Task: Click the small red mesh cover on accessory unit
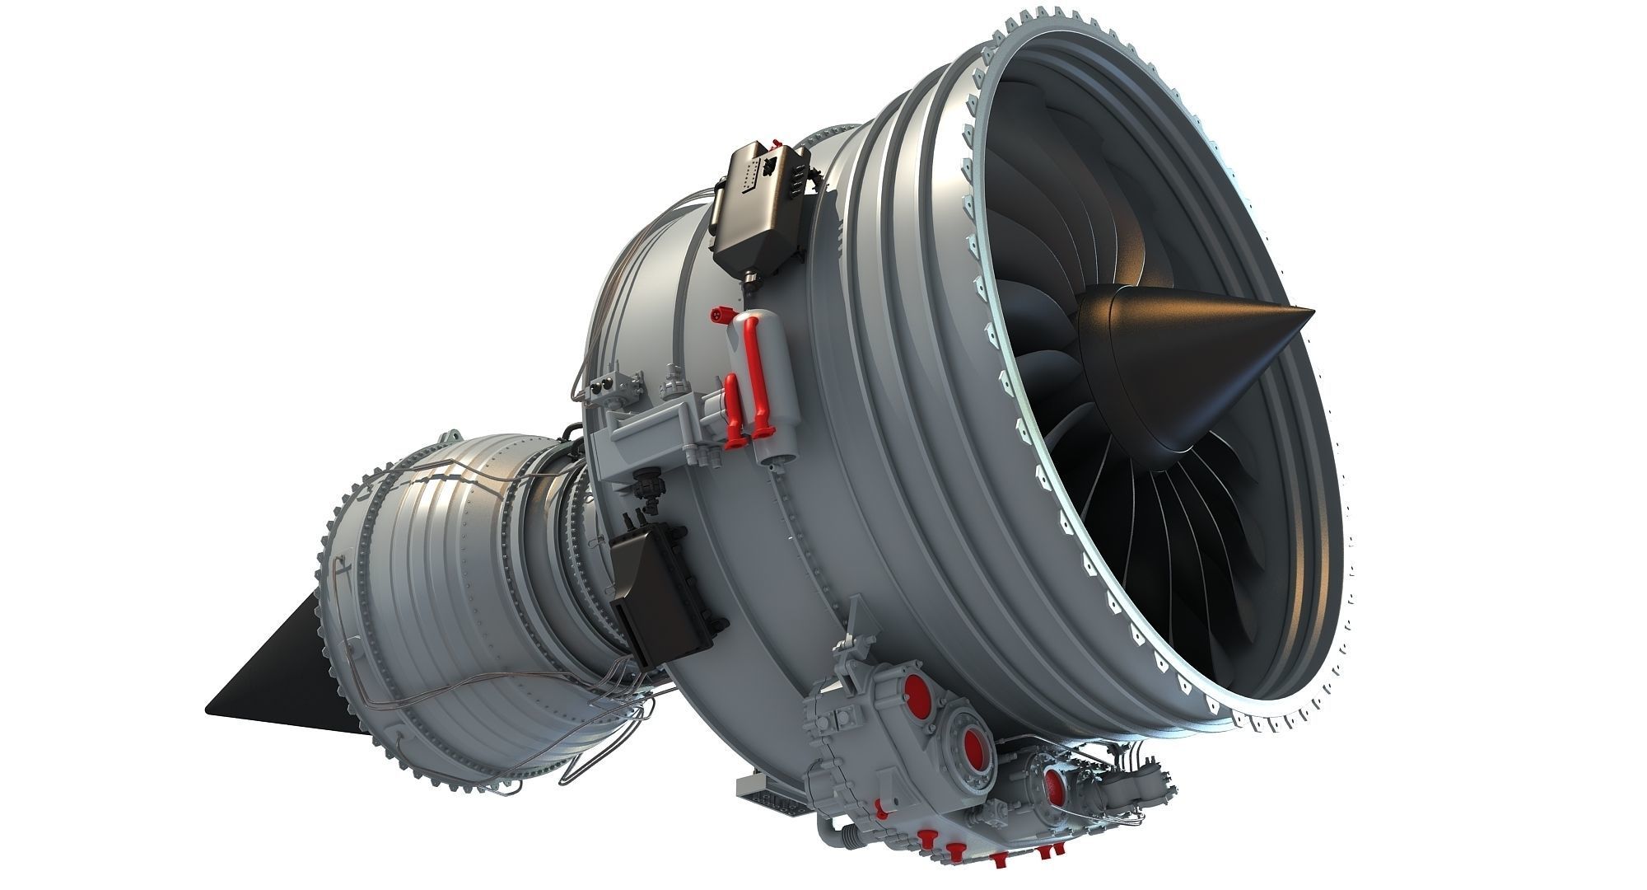tap(1055, 787)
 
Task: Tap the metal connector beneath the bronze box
tap(751, 281)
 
